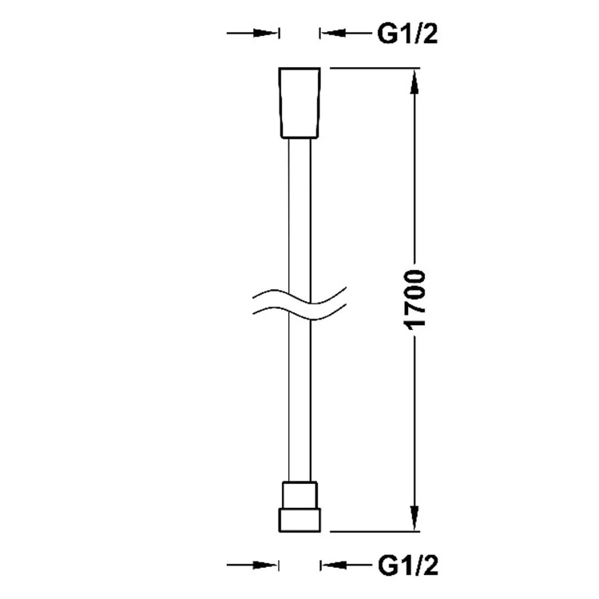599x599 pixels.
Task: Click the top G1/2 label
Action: point(407,34)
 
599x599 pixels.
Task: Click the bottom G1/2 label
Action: point(408,565)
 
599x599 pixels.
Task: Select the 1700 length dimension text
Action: point(414,299)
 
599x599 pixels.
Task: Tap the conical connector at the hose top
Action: point(299,103)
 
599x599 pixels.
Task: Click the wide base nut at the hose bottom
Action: point(299,520)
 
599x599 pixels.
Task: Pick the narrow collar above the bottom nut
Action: point(299,494)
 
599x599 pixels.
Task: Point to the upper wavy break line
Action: point(299,296)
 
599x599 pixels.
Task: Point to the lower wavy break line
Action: point(299,311)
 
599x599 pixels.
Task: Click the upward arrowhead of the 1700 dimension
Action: point(415,81)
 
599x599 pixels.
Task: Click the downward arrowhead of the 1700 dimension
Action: point(415,518)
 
